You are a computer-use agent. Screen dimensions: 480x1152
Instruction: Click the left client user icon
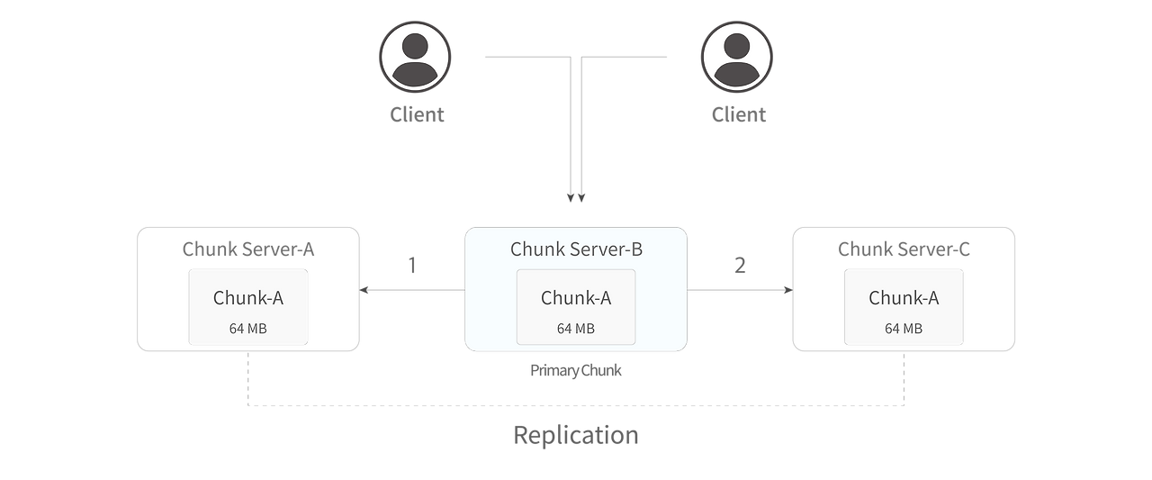pyautogui.click(x=414, y=57)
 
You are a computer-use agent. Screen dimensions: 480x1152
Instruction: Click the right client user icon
pyautogui.click(x=737, y=57)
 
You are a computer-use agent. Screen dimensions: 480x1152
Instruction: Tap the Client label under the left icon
pyautogui.click(x=416, y=114)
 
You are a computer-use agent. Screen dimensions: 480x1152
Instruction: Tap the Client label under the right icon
pyautogui.click(x=738, y=114)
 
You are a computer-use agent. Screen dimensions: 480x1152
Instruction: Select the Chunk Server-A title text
pyautogui.click(x=247, y=249)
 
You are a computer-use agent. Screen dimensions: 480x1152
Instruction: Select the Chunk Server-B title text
pyautogui.click(x=576, y=249)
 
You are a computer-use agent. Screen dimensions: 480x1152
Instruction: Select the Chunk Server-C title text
pyautogui.click(x=904, y=249)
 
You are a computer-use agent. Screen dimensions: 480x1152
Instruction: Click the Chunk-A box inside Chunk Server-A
pyautogui.click(x=247, y=307)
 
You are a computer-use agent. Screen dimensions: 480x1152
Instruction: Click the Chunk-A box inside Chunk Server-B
pyautogui.click(x=576, y=307)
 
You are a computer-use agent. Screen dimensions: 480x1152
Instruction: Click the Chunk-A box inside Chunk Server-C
pyautogui.click(x=904, y=307)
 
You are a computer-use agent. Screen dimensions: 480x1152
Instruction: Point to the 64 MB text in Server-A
pyautogui.click(x=247, y=329)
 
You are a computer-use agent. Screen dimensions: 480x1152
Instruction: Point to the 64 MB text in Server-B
pyautogui.click(x=576, y=329)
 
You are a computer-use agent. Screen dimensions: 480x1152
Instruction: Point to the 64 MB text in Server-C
pyautogui.click(x=904, y=329)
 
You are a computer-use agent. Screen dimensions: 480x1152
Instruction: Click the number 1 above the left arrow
pyautogui.click(x=412, y=266)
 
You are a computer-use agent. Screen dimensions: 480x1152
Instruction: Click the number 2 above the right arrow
pyautogui.click(x=740, y=266)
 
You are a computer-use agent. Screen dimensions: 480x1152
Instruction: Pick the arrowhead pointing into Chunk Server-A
pyautogui.click(x=365, y=290)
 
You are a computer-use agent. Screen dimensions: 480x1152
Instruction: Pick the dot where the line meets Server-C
pyautogui.click(x=786, y=290)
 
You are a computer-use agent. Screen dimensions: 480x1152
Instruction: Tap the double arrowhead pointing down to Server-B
pyautogui.click(x=576, y=196)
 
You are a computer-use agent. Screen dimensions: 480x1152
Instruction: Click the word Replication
pyautogui.click(x=576, y=436)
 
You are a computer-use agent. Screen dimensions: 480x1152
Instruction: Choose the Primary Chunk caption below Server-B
pyautogui.click(x=576, y=370)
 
